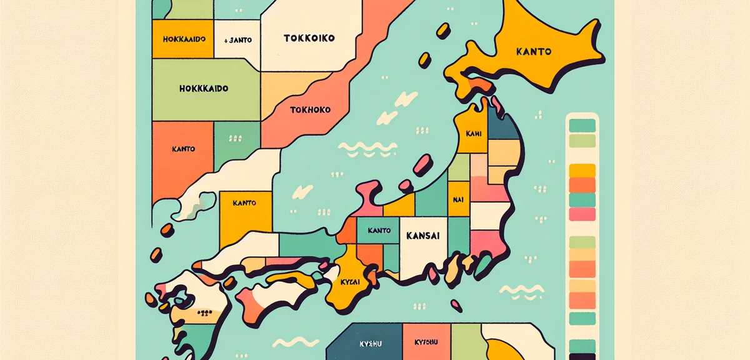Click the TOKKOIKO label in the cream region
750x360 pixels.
coord(309,38)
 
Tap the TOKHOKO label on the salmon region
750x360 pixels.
coord(310,111)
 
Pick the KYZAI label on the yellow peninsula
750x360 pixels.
coord(352,282)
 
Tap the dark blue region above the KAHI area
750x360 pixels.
coord(502,125)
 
